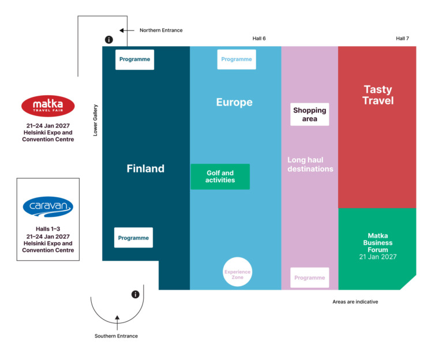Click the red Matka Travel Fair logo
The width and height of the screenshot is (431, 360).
coord(48,106)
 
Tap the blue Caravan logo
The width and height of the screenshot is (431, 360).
coord(48,206)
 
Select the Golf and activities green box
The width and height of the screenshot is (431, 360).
coord(220,177)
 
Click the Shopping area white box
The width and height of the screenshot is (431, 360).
coord(309,114)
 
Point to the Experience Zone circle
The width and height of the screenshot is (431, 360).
coord(238,272)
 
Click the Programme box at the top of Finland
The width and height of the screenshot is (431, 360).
coord(134,59)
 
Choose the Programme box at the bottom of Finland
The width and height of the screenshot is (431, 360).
coord(133,238)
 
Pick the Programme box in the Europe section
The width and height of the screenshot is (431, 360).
coord(237,59)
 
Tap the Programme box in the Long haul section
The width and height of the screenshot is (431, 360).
coord(309,277)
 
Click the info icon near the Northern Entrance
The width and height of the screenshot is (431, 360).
coord(108,40)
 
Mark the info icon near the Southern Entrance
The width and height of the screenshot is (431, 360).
coord(136,294)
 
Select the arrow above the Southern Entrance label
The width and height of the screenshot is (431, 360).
coord(117,318)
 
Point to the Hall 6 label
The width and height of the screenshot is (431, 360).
coord(259,39)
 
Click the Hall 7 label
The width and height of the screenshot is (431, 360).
coord(402,39)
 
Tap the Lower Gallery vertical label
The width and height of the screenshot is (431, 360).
coord(96,120)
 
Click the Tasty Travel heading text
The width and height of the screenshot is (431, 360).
coord(378,95)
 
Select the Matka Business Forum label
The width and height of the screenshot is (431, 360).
coord(378,245)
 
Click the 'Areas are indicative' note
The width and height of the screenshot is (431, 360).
coord(355,302)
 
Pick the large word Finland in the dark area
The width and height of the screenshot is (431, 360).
coord(145,168)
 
